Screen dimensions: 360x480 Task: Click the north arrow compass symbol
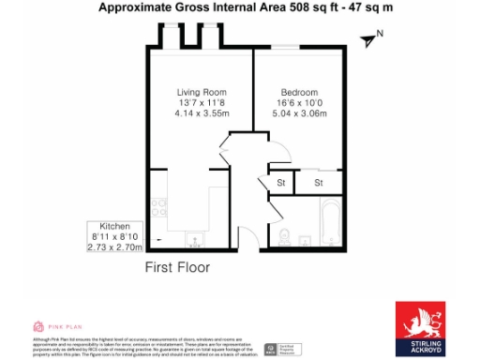click(372, 38)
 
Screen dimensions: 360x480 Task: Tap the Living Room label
click(202, 92)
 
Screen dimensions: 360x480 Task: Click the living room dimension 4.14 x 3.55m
click(202, 113)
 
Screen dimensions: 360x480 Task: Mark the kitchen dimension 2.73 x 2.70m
click(114, 248)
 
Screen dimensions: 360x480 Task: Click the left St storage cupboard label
click(279, 182)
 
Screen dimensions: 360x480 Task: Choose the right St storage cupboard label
click(319, 182)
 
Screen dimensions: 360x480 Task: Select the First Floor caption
click(177, 267)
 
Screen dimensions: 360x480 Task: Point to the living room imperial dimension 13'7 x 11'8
click(202, 103)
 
